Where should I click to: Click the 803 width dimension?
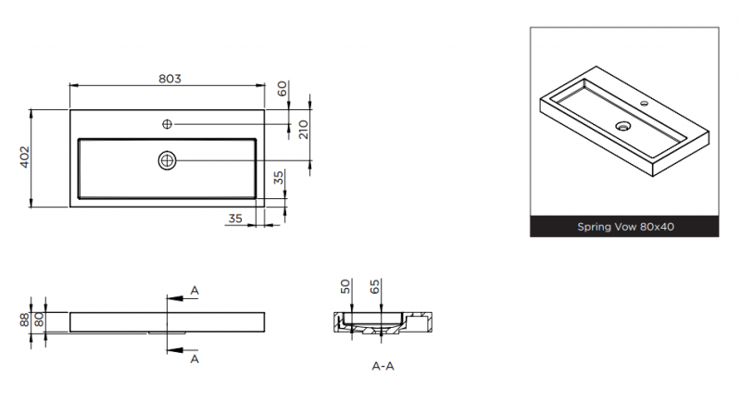[170, 79]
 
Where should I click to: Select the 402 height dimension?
[25, 157]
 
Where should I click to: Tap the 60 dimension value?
[282, 88]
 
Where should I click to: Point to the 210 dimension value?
[304, 130]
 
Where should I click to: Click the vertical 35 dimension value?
[279, 178]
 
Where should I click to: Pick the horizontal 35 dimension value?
[235, 219]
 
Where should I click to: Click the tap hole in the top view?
[167, 124]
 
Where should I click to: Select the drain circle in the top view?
[167, 160]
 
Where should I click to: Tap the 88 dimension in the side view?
[25, 320]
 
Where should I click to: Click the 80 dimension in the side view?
[39, 320]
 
